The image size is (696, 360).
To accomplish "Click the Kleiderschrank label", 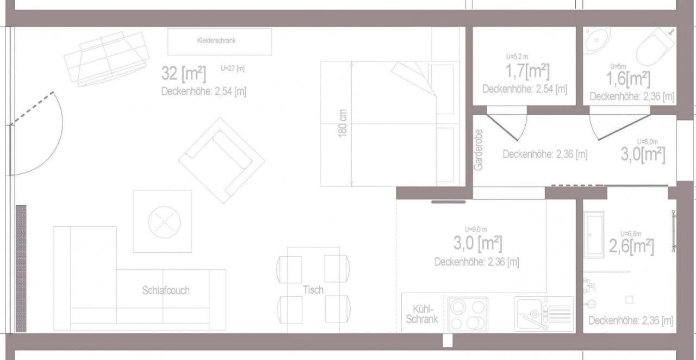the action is tap(216, 40).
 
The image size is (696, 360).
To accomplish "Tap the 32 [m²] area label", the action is tap(184, 73).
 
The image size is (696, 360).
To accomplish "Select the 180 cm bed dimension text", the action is tap(343, 123).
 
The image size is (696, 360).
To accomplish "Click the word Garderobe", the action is tap(478, 150).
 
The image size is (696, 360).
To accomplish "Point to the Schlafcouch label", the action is tap(166, 290).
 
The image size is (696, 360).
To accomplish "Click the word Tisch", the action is tap(313, 290).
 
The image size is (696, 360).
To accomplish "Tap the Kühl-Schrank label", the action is tap(422, 314).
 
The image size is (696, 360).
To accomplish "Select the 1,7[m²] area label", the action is tap(527, 71).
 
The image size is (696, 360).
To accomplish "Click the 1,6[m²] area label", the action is tap(628, 79).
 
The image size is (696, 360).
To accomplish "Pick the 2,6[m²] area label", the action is tap(631, 246).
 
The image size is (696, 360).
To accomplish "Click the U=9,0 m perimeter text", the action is tap(476, 229).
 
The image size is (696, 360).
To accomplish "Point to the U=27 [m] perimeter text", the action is tap(233, 69).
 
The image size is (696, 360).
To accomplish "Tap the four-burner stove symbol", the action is tap(468, 314).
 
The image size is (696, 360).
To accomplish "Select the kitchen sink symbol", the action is tap(544, 314).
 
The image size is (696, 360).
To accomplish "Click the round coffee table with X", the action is tap(164, 222).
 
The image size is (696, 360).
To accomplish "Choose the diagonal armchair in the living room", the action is tap(222, 161).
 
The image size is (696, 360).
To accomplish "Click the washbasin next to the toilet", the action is tap(596, 40).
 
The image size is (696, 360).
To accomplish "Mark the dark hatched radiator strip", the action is tap(21, 269).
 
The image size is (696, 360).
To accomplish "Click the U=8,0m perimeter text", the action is tap(648, 142).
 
